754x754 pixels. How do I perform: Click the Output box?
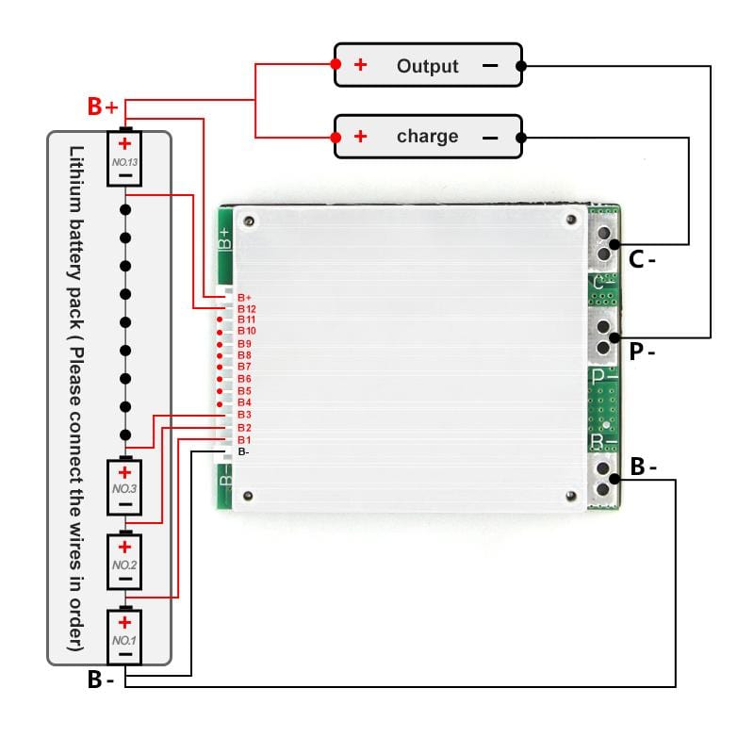(x=428, y=65)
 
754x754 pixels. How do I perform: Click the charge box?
(x=428, y=137)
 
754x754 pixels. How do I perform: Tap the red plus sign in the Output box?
(x=360, y=65)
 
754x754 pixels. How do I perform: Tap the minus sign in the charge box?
(x=490, y=138)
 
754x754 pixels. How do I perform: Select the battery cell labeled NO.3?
(x=125, y=486)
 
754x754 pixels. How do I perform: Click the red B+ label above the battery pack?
(x=103, y=107)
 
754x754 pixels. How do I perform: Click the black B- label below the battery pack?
(x=101, y=679)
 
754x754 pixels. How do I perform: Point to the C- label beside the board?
(x=642, y=259)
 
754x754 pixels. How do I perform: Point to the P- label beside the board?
(x=642, y=352)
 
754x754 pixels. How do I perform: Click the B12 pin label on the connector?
(x=247, y=308)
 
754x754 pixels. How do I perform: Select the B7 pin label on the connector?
(x=244, y=367)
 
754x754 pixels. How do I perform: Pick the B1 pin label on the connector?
(x=244, y=440)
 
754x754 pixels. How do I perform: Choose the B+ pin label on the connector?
(x=244, y=297)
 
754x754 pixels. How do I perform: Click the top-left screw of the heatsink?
(x=249, y=221)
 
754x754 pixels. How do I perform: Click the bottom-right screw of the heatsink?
(x=571, y=496)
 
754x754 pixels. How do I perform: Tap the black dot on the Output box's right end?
(x=521, y=66)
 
